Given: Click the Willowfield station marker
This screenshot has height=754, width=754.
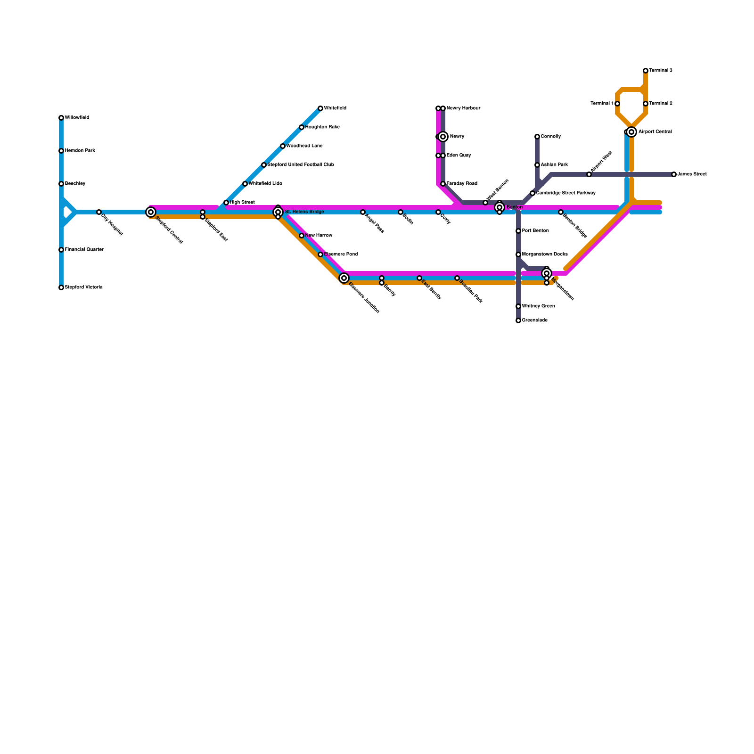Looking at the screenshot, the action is coord(61,118).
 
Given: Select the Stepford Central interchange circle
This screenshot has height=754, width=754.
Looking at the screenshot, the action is coord(151,212).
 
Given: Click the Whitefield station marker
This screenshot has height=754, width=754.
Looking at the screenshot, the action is coord(320,108).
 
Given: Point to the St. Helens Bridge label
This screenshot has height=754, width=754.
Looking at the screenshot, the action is coord(304,212).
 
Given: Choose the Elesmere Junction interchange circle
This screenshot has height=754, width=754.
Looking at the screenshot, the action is coord(344,278).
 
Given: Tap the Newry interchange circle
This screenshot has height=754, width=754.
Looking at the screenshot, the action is coord(443,137).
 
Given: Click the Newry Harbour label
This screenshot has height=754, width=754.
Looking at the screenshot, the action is coord(463,108).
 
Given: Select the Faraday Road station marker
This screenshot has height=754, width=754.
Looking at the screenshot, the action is coord(443,184).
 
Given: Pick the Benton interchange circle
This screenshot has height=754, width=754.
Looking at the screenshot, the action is coord(500,207).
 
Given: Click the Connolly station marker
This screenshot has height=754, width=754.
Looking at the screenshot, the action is coord(537,137).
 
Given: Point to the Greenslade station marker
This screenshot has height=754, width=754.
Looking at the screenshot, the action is coord(518,320).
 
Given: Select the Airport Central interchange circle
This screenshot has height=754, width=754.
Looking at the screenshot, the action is coord(631,132).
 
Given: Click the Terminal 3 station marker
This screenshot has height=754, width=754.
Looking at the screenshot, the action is coord(646,71).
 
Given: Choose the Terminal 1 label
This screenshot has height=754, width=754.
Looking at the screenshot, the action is coord(602,104).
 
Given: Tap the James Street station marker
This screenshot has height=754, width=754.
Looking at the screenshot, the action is coord(674,174).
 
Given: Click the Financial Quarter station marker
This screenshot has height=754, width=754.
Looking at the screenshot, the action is coord(61,250).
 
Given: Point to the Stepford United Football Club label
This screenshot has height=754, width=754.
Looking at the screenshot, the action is coord(301,165).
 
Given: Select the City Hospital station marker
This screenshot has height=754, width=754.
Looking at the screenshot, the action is coord(99,212).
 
